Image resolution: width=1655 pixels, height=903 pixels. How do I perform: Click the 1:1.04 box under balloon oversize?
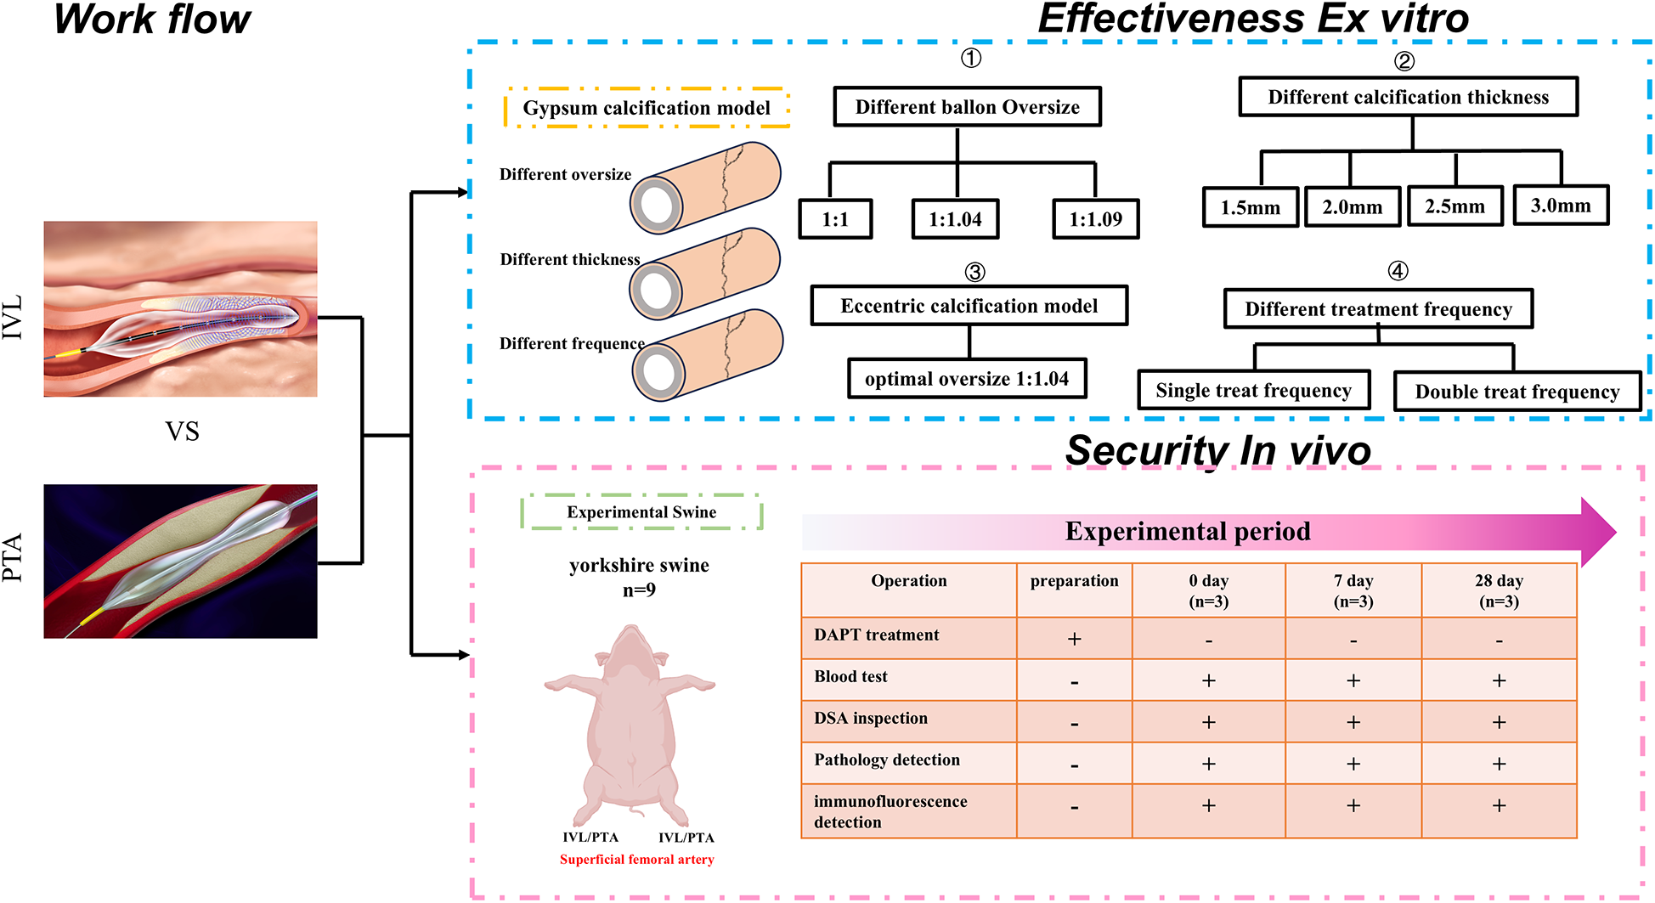coord(955,219)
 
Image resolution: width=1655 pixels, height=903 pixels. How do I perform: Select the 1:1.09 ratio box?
coord(1095,219)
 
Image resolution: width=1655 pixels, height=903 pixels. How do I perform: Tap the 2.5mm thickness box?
coord(1454,206)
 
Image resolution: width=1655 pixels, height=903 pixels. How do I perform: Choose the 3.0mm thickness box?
coord(1561,206)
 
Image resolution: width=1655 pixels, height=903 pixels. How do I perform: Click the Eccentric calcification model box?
coord(969,306)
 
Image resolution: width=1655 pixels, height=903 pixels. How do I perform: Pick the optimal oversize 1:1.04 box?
coord(967,379)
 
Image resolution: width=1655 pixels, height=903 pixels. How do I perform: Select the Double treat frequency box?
coord(1517,392)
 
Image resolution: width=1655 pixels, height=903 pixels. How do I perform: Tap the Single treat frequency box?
coord(1253,391)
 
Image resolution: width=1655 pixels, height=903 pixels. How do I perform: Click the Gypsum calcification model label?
coord(647,108)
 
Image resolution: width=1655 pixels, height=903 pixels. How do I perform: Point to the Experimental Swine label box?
coord(641,512)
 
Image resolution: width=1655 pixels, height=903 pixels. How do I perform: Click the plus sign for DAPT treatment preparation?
coord(1074,639)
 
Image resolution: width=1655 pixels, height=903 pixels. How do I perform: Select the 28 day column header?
coord(1499,590)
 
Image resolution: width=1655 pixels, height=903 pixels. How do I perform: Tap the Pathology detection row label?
coord(887,760)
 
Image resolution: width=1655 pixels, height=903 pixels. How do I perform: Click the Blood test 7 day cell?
coord(1353,680)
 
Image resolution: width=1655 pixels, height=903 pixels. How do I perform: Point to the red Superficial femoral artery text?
coord(636,860)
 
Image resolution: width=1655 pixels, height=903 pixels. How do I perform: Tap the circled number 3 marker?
coord(974,272)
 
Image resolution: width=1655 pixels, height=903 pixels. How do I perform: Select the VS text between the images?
coord(182,432)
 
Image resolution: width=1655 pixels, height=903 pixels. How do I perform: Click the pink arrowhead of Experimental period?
coord(1597,532)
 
